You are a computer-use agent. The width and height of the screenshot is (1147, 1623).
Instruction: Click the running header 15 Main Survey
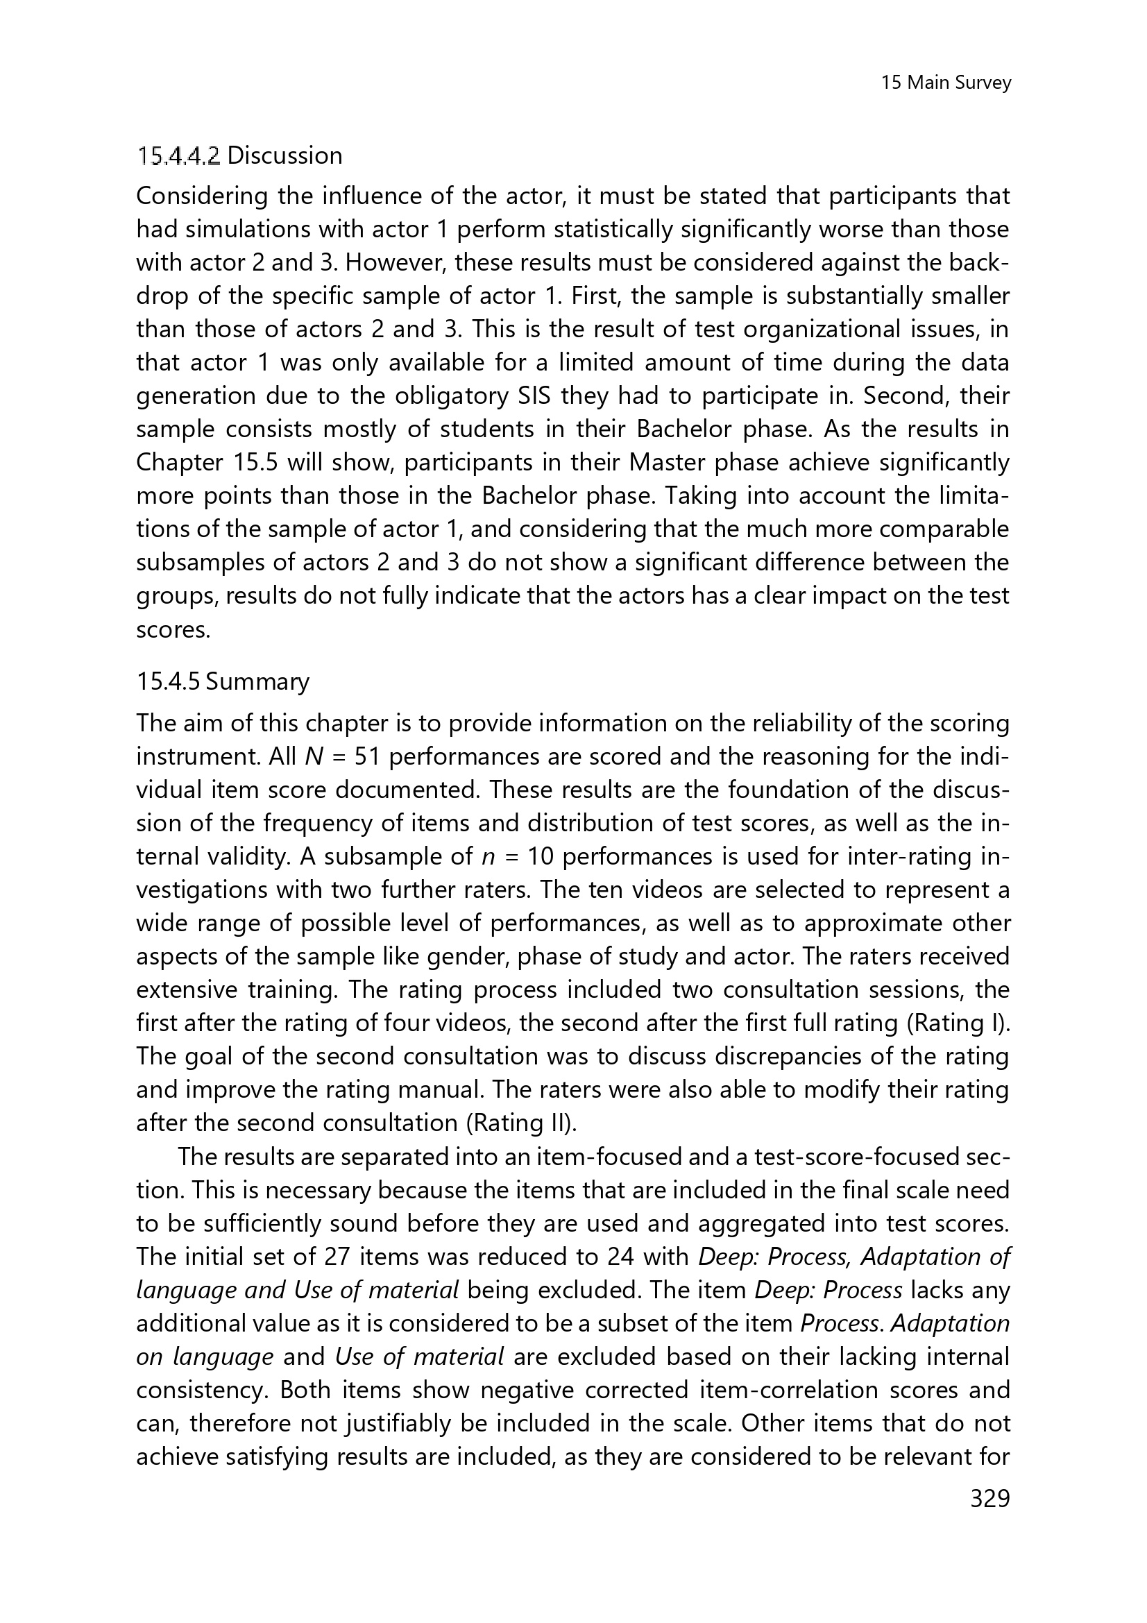pyautogui.click(x=946, y=83)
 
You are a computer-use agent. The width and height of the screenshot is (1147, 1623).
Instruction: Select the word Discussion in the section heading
pyautogui.click(x=284, y=155)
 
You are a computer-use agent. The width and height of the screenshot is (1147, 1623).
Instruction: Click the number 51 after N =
pyautogui.click(x=368, y=757)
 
